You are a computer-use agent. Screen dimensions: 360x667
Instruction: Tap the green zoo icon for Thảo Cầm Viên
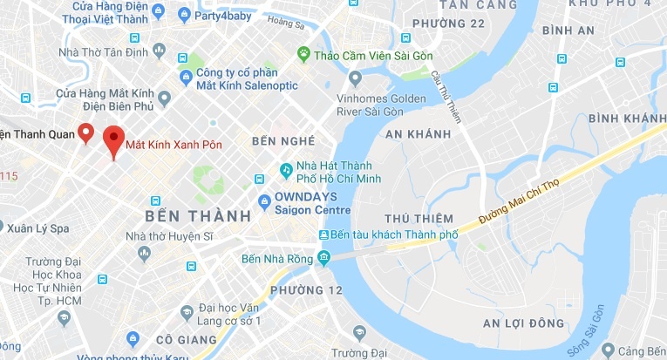point(303,54)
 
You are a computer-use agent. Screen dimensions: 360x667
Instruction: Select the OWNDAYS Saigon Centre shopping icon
point(264,203)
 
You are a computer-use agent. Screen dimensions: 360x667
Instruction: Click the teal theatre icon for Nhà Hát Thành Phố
point(285,168)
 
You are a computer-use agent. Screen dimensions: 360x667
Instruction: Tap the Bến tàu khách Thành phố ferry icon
point(324,234)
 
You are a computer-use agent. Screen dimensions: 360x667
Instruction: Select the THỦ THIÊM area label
point(419,218)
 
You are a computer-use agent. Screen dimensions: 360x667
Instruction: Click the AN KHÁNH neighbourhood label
point(418,133)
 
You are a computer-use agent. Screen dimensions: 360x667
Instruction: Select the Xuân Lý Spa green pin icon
point(16,228)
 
